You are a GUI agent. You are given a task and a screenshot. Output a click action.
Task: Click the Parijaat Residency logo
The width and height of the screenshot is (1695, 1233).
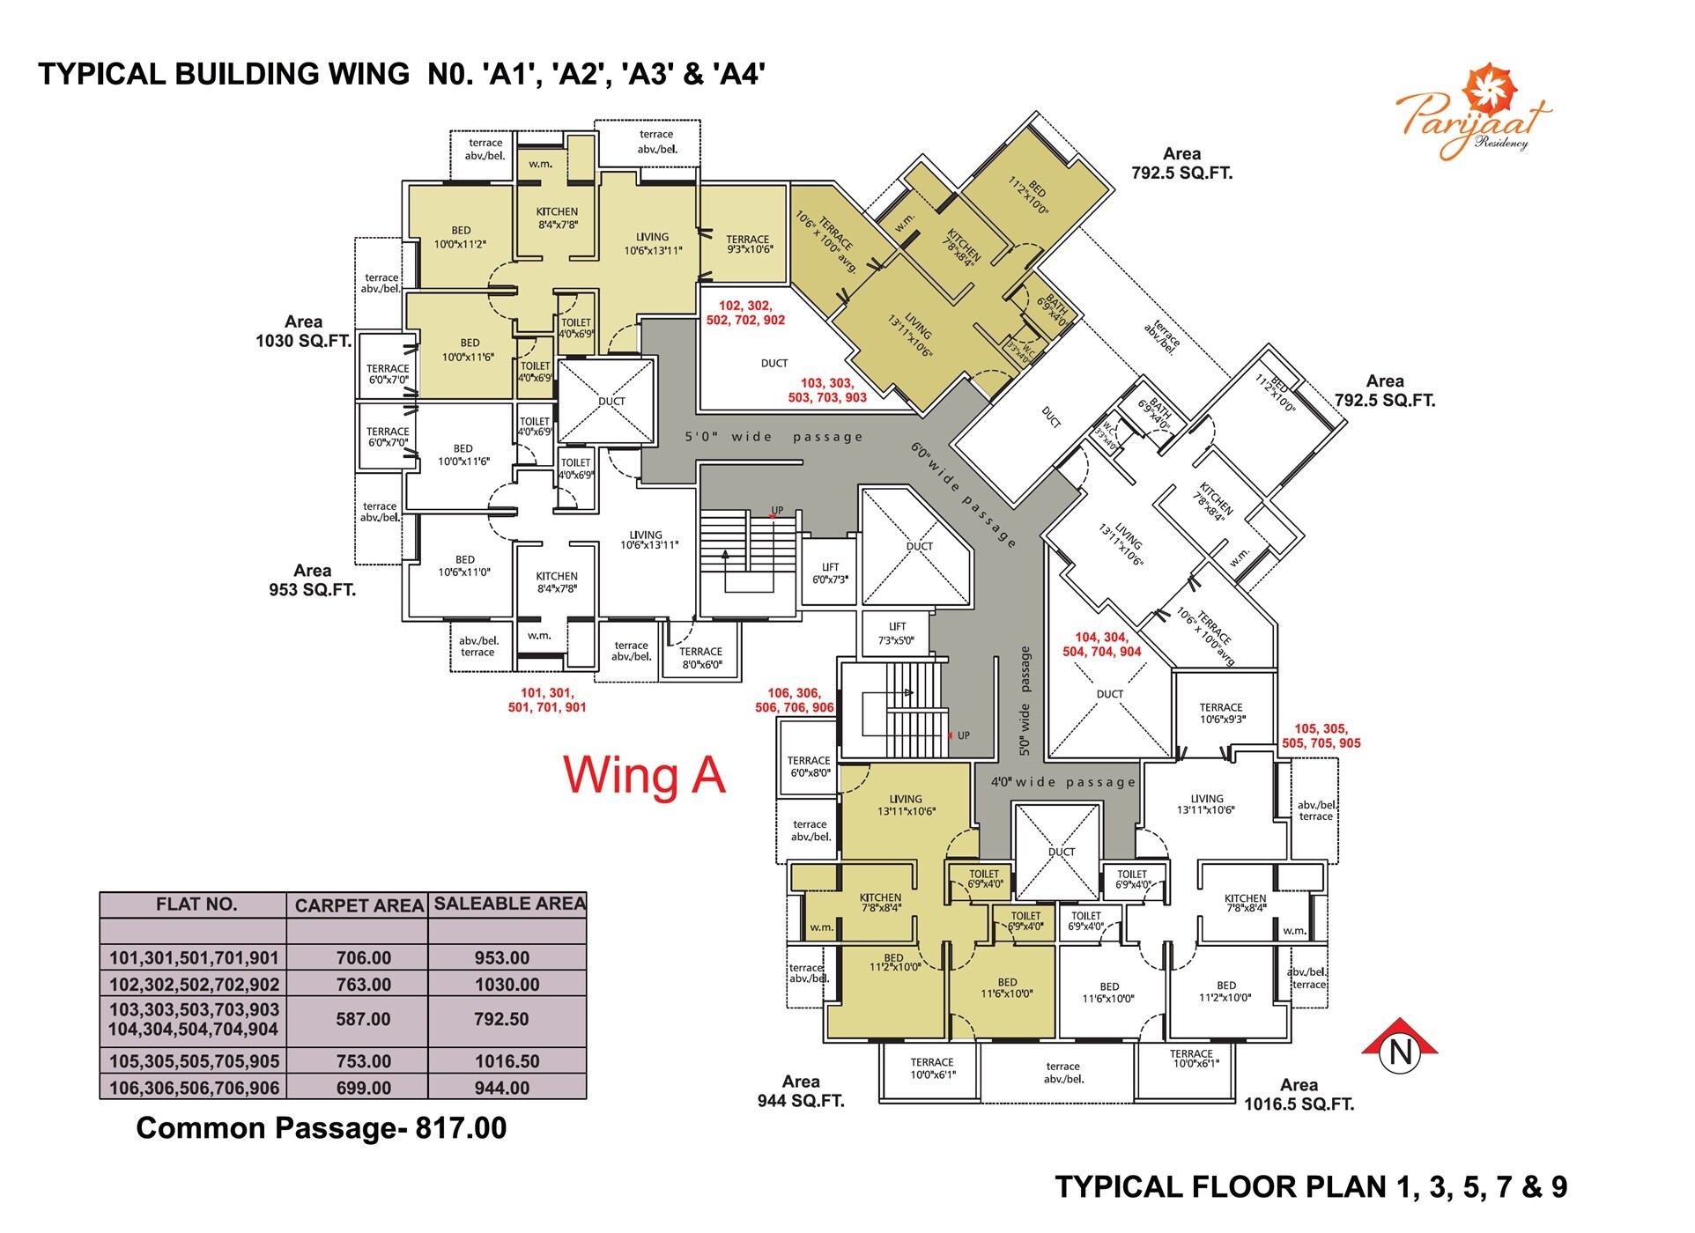pos(1473,114)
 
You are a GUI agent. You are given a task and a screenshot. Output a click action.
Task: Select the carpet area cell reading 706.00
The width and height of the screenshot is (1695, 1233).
pos(363,958)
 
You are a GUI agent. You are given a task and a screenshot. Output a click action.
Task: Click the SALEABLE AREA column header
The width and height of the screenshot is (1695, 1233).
pos(508,904)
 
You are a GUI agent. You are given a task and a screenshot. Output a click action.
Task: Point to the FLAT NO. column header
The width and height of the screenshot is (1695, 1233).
pos(196,904)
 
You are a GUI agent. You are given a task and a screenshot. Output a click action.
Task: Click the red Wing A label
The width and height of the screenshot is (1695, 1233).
pos(644,776)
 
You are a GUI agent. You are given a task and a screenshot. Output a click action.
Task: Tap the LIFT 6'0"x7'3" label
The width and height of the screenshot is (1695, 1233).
pos(830,573)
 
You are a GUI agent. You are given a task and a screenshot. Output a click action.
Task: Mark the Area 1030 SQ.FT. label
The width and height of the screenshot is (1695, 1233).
pos(303,331)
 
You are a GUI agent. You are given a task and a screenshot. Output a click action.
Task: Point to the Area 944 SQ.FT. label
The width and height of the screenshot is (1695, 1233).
pos(801,1091)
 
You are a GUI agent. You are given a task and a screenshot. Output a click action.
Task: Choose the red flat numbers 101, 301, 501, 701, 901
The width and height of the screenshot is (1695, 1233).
pos(546,700)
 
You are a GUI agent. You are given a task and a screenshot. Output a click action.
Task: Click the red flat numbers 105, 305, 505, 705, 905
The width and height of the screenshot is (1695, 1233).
pos(1321,736)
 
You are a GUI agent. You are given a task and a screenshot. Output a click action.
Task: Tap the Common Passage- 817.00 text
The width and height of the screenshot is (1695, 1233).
pos(321,1128)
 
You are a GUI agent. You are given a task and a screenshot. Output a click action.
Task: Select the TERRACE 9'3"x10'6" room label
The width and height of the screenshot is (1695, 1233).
pos(748,244)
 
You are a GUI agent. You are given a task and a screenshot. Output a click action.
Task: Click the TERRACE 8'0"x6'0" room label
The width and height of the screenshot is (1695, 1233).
pos(700,658)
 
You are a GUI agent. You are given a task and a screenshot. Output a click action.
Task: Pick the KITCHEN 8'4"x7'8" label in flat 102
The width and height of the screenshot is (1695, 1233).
pos(557,218)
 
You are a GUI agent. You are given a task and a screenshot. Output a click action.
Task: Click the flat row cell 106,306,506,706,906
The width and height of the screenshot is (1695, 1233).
pos(194,1088)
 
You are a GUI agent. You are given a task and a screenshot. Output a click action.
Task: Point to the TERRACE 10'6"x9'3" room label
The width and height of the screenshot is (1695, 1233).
pos(1221,713)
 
